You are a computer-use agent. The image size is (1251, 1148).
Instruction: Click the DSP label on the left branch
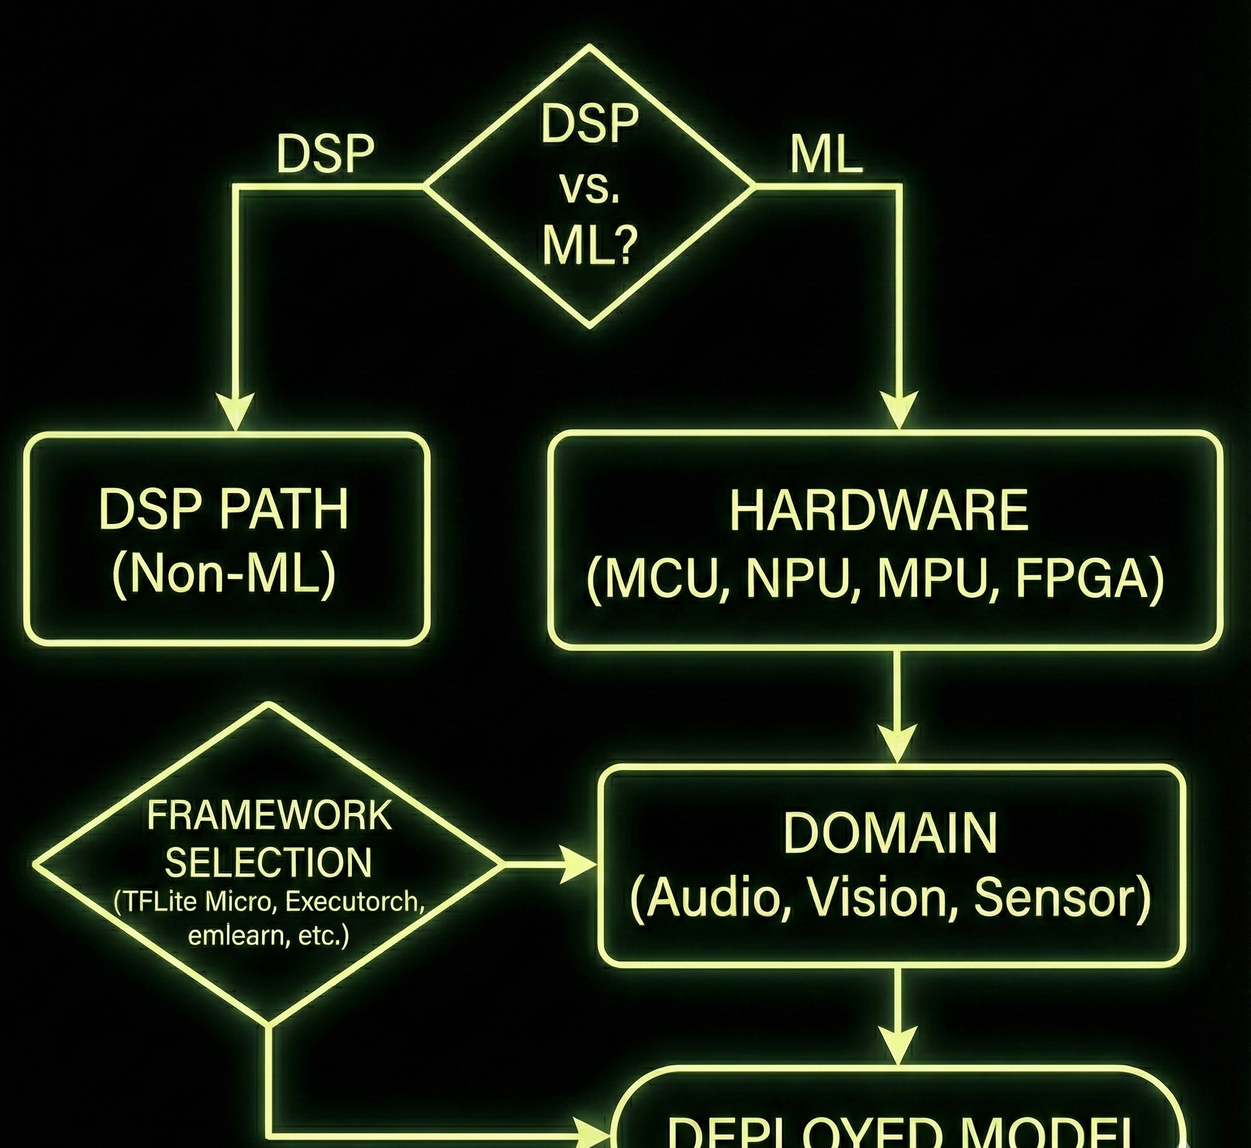[x=325, y=155]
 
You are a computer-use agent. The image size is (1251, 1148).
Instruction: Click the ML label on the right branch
[x=826, y=155]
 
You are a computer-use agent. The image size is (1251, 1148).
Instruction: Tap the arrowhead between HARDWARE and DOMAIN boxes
[x=898, y=742]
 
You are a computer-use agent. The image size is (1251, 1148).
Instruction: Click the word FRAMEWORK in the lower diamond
[x=269, y=815]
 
